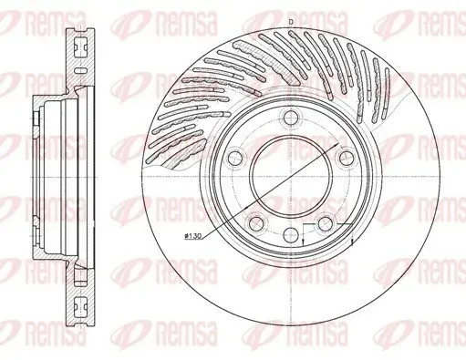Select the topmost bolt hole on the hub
tap(289, 118)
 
